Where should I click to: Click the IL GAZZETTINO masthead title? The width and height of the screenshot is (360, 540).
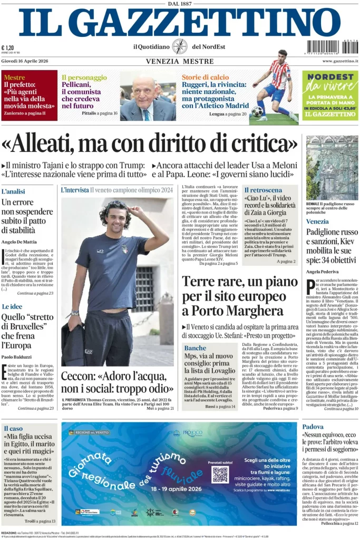pyautogui.click(x=179, y=23)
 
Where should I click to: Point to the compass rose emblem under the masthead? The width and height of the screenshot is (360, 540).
pyautogui.click(x=180, y=46)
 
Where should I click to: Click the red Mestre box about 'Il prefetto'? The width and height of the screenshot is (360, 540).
pyautogui.click(x=29, y=95)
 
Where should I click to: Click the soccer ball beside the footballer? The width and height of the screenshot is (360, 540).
pyautogui.click(x=257, y=112)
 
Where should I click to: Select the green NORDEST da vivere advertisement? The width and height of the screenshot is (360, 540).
pyautogui.click(x=330, y=95)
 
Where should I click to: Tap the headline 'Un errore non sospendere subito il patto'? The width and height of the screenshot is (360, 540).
pyautogui.click(x=26, y=216)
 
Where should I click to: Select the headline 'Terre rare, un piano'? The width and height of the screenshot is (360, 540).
pyautogui.click(x=240, y=282)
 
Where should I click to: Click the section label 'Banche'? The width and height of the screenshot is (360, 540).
pyautogui.click(x=195, y=348)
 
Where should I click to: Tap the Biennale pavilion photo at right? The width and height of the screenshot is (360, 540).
pyautogui.click(x=332, y=167)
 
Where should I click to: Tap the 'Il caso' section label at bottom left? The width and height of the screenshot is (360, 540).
pyautogui.click(x=13, y=428)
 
